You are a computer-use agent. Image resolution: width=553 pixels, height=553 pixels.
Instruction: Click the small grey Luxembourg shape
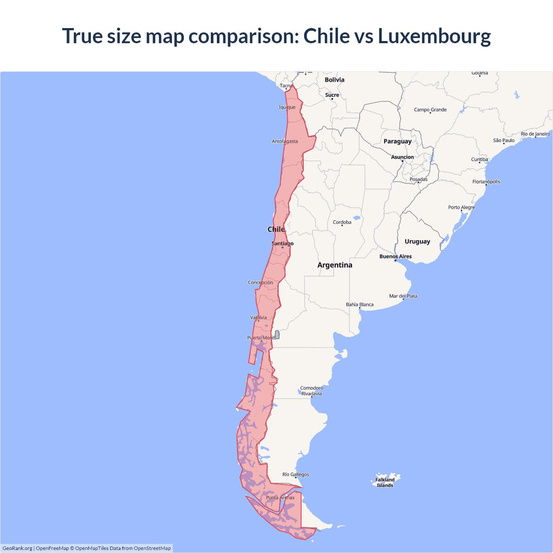click(x=277, y=335)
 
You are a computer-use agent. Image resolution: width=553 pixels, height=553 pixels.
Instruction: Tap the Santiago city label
click(x=283, y=244)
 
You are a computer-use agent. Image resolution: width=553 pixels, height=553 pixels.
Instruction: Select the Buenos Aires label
click(x=396, y=257)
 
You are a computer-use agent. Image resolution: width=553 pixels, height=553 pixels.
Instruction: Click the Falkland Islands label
click(x=385, y=483)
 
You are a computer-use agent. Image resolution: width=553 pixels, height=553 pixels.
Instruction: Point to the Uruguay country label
click(x=417, y=242)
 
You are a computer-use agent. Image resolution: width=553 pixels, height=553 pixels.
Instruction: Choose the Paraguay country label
click(x=397, y=141)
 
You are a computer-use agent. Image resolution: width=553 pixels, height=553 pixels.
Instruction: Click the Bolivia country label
click(x=334, y=80)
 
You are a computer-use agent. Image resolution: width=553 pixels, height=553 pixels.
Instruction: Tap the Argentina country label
click(x=335, y=265)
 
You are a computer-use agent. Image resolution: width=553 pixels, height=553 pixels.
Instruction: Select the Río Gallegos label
click(x=296, y=474)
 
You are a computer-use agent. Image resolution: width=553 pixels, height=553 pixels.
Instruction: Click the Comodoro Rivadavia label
click(x=312, y=391)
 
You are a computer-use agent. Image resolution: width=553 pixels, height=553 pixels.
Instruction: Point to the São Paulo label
click(x=504, y=140)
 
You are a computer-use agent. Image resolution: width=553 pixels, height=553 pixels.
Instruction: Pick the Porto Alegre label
click(x=461, y=207)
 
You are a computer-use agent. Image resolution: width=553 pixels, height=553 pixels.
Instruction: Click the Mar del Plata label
click(x=403, y=296)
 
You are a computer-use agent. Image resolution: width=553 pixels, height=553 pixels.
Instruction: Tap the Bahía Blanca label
click(x=359, y=305)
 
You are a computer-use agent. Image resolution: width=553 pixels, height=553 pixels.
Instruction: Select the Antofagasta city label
click(x=285, y=141)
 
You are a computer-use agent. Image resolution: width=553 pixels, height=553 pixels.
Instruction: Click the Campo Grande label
click(x=430, y=110)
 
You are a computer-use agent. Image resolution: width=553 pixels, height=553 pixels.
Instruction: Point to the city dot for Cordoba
click(x=342, y=226)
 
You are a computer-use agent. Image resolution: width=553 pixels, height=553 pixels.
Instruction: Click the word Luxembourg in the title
click(x=434, y=36)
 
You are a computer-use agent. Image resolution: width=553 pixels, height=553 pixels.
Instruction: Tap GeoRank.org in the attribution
click(x=17, y=548)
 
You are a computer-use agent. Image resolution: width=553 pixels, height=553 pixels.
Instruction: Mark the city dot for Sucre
click(x=332, y=99)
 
